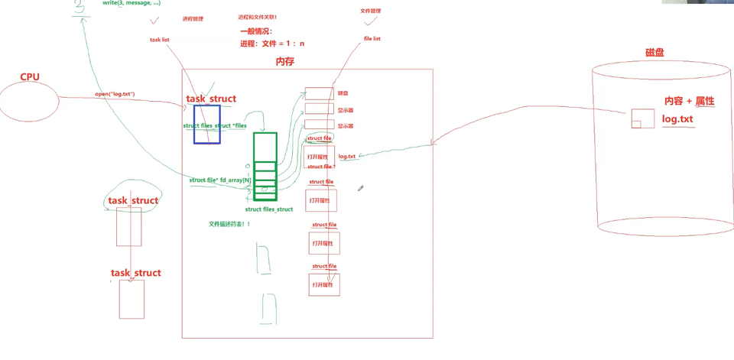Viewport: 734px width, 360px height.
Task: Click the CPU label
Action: click(x=29, y=76)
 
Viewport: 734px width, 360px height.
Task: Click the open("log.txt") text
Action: click(x=115, y=94)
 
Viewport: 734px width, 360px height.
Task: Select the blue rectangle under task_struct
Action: click(x=207, y=125)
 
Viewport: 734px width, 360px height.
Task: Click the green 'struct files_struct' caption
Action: click(x=268, y=209)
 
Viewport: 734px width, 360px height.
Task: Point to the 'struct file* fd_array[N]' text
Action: click(x=220, y=180)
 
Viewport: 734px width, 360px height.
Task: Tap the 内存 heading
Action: click(x=284, y=61)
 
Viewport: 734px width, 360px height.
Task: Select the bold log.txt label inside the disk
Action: click(x=677, y=120)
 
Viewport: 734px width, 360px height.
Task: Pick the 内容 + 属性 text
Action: click(x=688, y=101)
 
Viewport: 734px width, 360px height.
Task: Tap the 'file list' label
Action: click(x=372, y=38)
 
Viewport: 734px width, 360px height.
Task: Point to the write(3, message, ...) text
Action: click(x=131, y=4)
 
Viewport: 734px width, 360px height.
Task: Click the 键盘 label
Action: click(x=343, y=93)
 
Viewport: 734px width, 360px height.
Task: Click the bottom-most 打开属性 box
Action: click(x=322, y=284)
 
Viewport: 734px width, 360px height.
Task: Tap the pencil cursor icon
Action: click(x=360, y=187)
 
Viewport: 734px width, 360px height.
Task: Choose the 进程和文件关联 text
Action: click(x=258, y=16)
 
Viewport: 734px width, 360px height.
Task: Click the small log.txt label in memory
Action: click(x=346, y=156)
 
